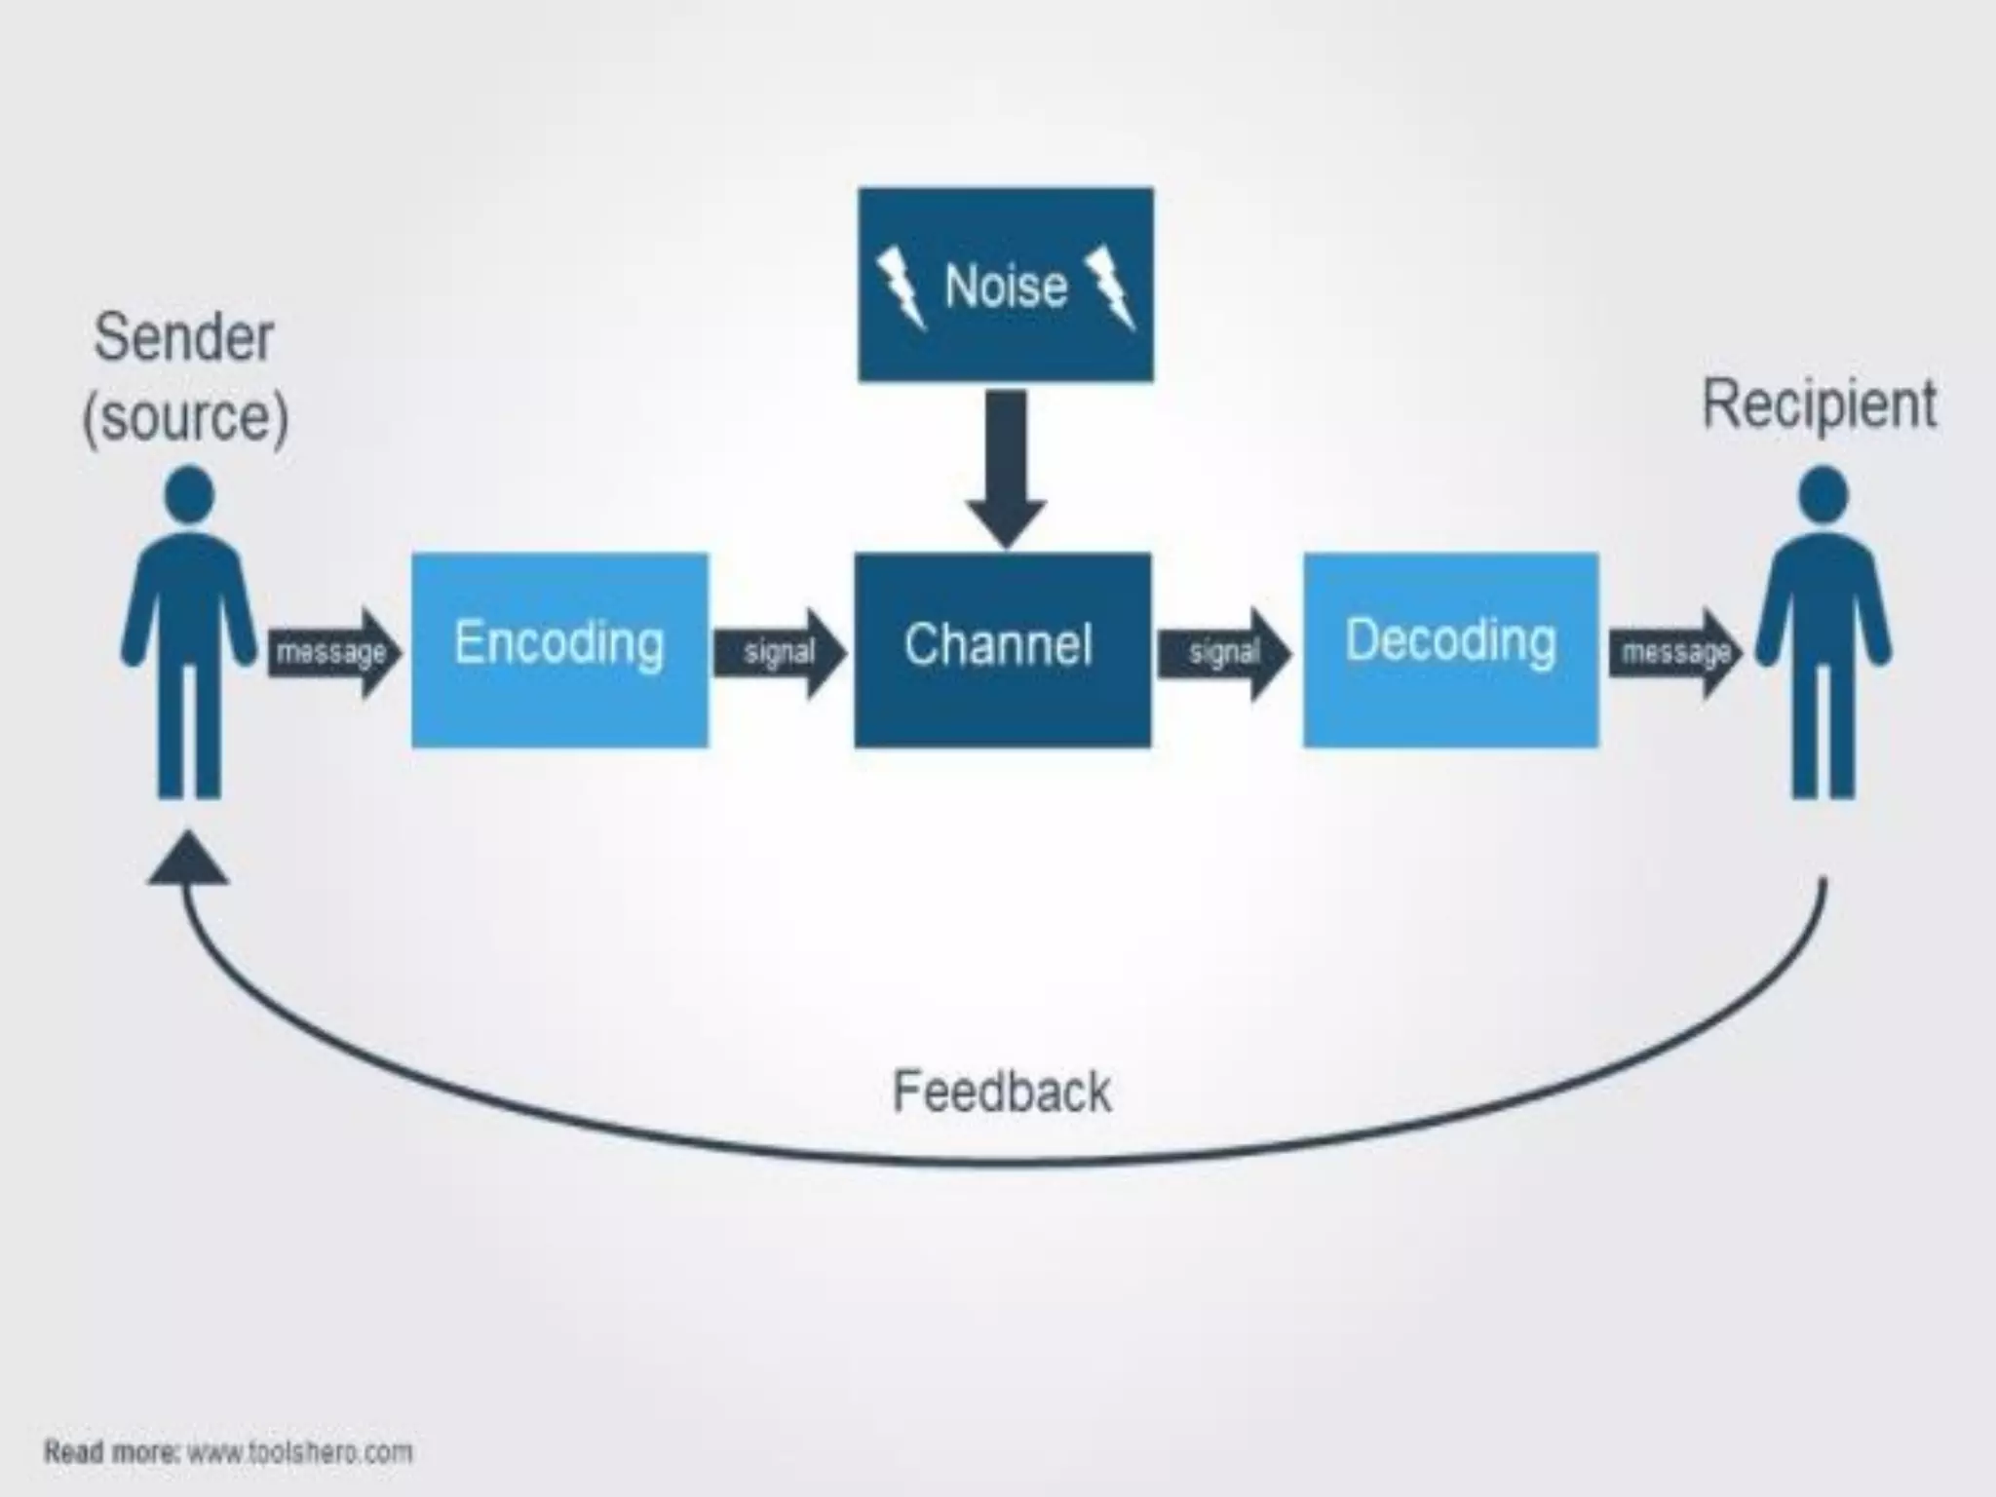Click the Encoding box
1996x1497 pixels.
point(559,649)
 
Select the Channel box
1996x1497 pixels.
point(1002,649)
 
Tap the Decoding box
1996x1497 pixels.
point(1450,649)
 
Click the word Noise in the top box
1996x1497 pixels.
point(1005,287)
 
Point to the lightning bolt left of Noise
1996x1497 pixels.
point(901,288)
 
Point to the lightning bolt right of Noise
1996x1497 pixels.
point(1111,288)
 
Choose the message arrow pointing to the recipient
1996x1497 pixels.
point(1672,652)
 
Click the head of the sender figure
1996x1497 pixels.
point(189,493)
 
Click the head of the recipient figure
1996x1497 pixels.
point(1823,493)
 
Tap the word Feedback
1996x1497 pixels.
point(1002,1092)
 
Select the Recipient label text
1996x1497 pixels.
point(1819,403)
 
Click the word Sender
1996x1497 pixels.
point(183,337)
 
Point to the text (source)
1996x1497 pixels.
point(185,417)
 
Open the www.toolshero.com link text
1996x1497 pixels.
point(300,1452)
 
